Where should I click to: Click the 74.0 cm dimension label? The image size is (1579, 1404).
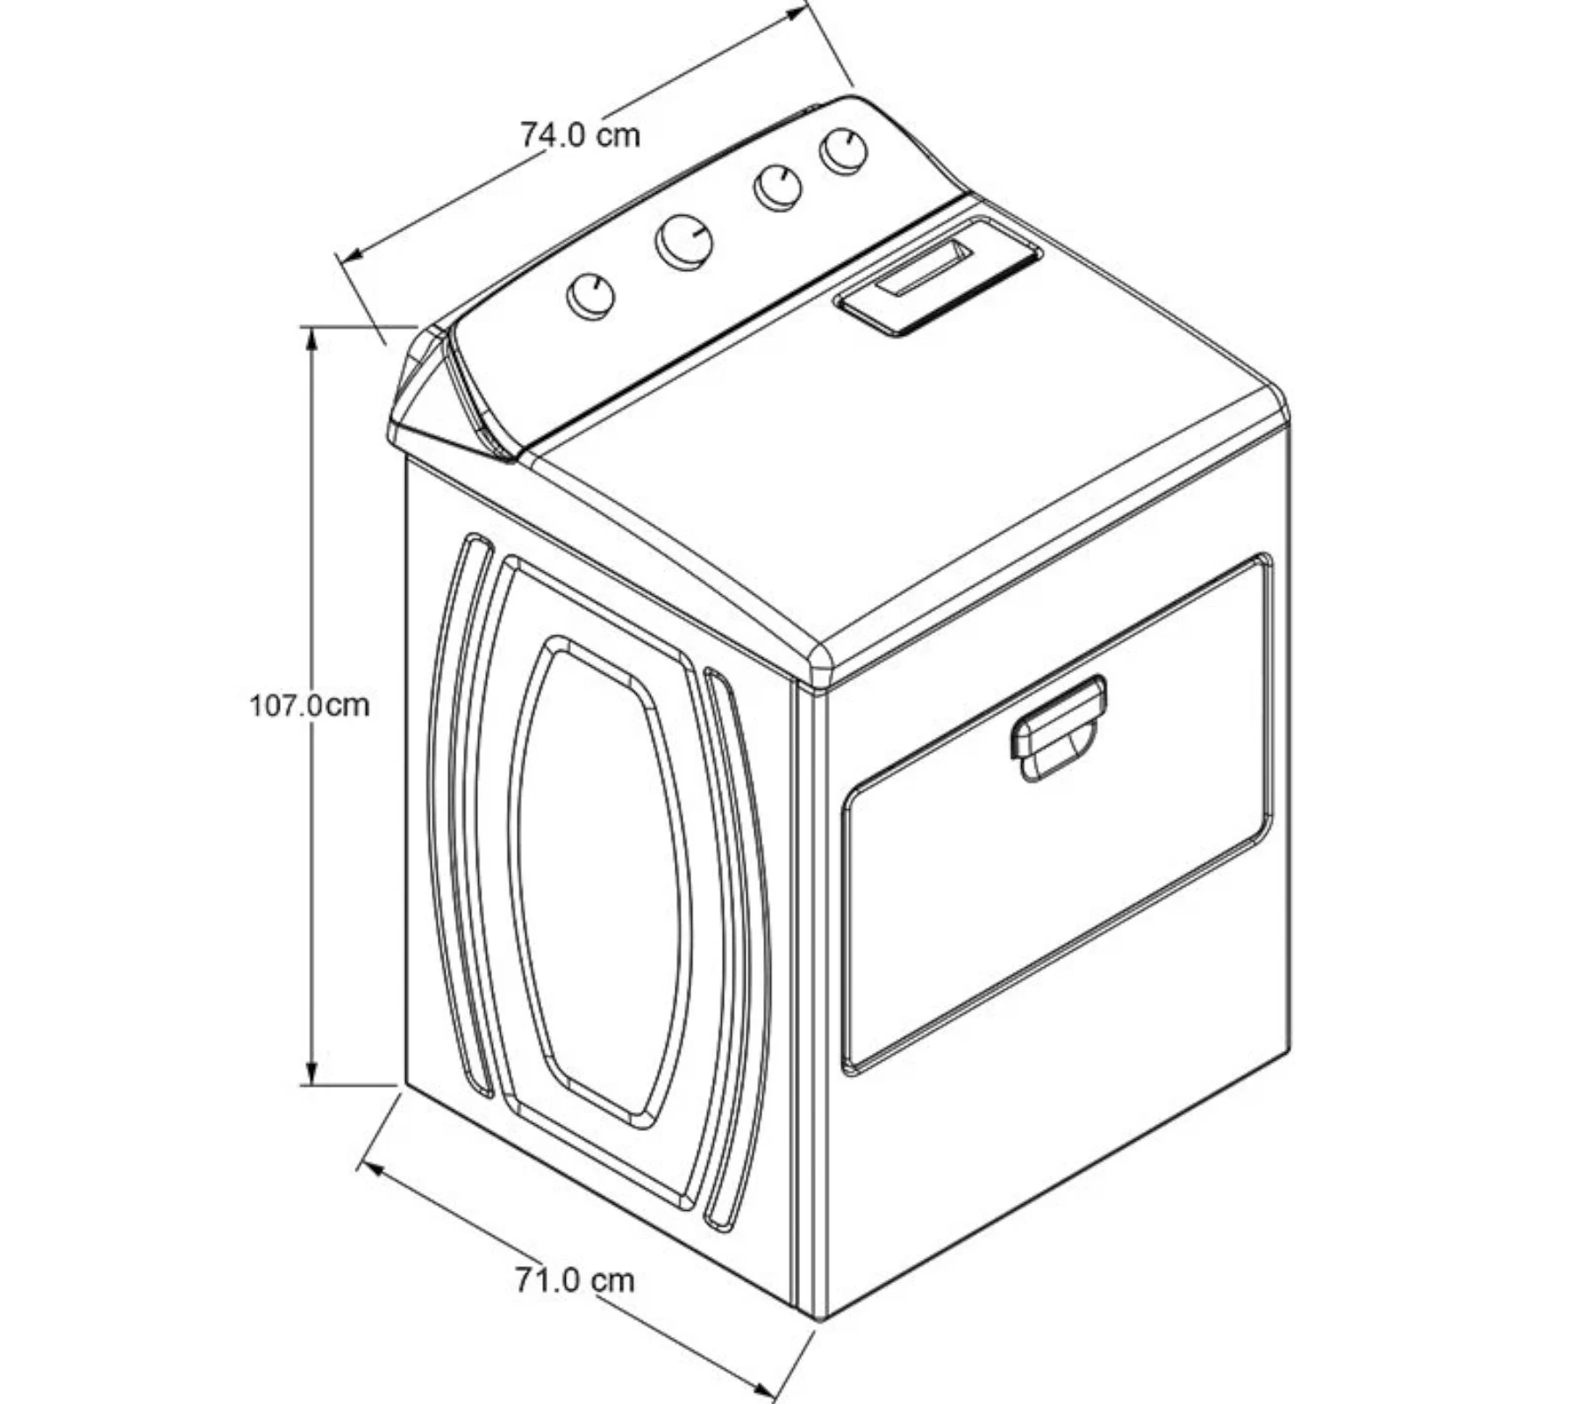pos(580,134)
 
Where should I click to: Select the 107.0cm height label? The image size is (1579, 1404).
pos(309,706)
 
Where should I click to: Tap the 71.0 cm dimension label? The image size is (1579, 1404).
pos(575,1280)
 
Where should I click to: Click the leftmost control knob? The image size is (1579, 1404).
pos(590,296)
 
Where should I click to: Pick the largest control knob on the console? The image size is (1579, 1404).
pos(683,241)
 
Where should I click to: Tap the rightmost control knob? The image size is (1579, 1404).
pos(843,151)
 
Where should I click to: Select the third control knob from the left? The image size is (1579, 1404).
pos(777,188)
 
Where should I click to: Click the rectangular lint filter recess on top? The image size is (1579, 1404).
pos(938,275)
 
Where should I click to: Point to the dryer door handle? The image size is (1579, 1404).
pos(1058,727)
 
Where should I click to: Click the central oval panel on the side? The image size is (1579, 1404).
pos(600,882)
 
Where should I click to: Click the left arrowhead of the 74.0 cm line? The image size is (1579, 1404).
pos(351,254)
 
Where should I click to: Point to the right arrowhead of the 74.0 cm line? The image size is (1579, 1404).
pos(795,11)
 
